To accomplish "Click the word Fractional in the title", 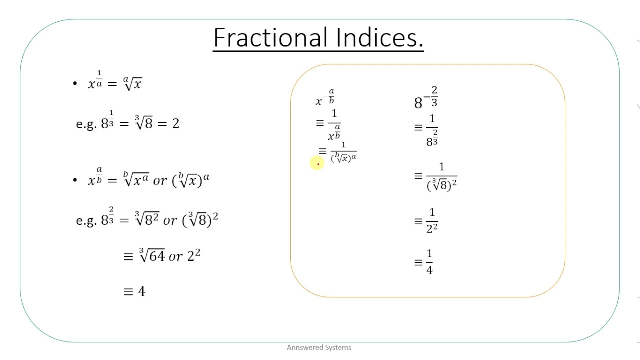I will (270, 38).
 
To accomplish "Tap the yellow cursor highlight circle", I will (316, 163).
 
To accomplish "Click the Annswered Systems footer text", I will (319, 347).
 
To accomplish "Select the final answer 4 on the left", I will (141, 291).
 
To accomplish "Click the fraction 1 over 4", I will (429, 262).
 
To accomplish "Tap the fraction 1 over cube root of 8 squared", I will (442, 177).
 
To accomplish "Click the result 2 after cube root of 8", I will (175, 124).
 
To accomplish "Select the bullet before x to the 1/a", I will (75, 84).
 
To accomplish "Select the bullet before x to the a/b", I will (75, 180).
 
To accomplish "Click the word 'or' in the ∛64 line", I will (176, 257).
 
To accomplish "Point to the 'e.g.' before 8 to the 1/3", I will (86, 124).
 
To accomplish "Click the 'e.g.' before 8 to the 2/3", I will (86, 220).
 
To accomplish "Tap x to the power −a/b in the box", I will (325, 98).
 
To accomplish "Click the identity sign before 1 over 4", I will (418, 262).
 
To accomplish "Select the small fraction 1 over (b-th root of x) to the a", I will (343, 152).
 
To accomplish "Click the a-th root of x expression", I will (132, 83).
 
